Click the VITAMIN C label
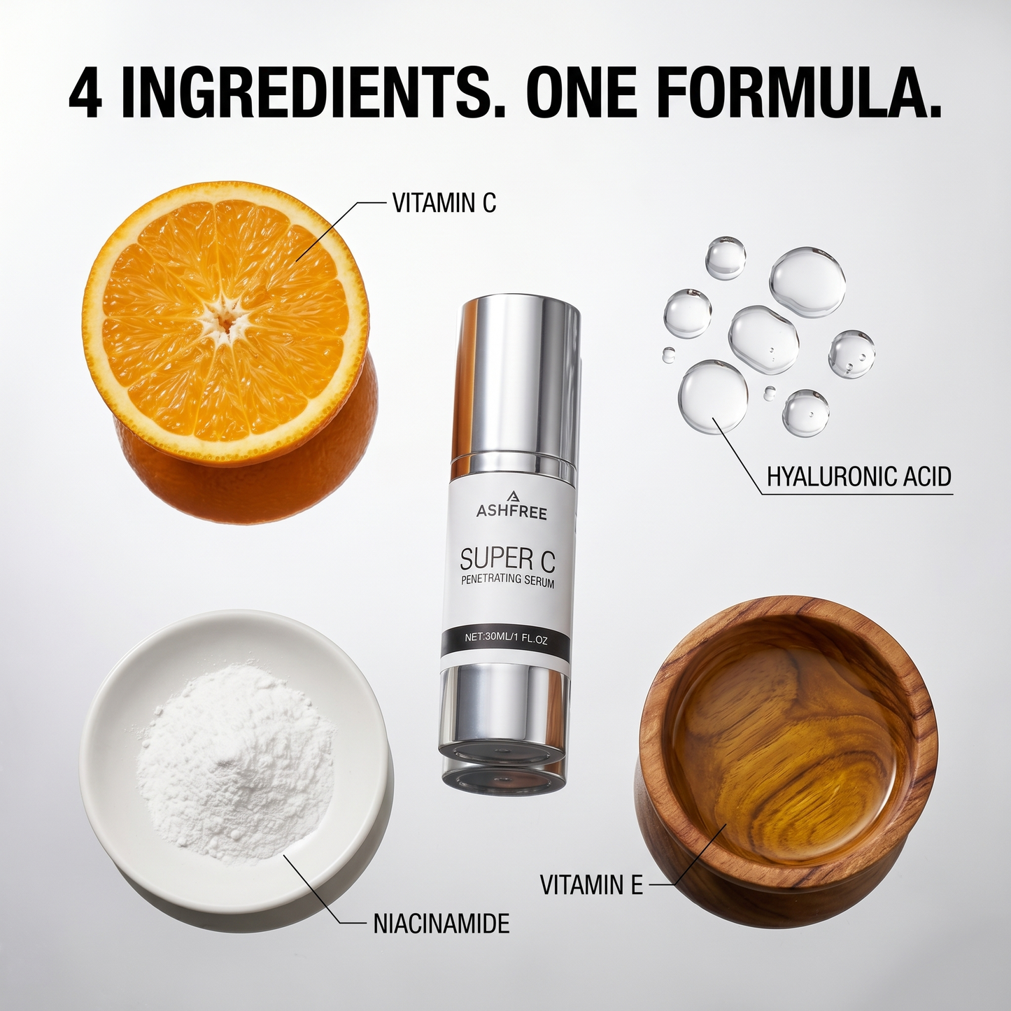click(444, 203)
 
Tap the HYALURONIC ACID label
click(858, 476)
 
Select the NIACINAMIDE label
click(441, 923)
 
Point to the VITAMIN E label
click(591, 884)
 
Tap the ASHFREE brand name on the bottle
click(511, 513)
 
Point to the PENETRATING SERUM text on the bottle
click(508, 581)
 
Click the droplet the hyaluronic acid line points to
click(713, 395)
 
